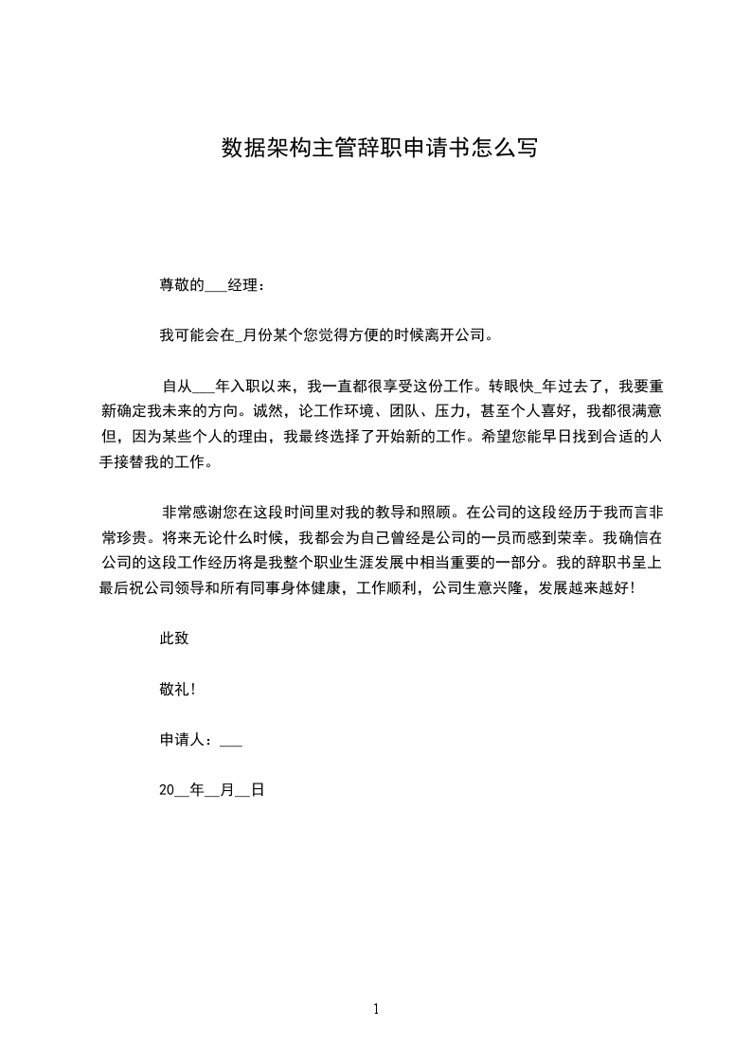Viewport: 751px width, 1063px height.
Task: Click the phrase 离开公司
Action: (x=452, y=334)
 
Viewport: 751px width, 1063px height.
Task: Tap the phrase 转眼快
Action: (x=511, y=386)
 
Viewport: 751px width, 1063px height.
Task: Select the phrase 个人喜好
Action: (x=542, y=411)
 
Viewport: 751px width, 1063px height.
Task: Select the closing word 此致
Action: (x=174, y=639)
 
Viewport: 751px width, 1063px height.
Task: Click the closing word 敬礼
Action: (x=174, y=690)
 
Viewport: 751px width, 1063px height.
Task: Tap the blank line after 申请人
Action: (x=231, y=741)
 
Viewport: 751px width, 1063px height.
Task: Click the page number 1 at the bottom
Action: (x=376, y=1010)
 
